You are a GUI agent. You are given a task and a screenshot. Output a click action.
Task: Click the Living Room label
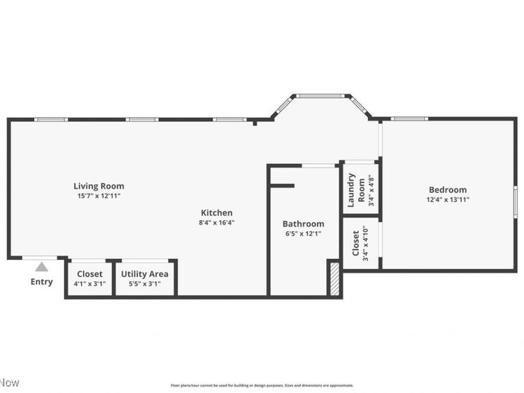98,186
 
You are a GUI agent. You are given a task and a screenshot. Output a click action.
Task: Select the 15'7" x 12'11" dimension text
98,196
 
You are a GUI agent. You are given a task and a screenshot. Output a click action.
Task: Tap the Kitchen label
216,212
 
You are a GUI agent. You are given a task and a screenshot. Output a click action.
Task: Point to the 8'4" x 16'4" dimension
216,222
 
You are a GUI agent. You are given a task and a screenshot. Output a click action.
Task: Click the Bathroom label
303,223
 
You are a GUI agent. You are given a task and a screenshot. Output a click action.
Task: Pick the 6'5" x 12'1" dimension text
303,233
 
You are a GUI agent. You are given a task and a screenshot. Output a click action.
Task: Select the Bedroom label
447,190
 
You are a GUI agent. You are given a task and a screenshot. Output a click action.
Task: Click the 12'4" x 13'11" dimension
447,200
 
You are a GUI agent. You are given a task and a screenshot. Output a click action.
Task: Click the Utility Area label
144,274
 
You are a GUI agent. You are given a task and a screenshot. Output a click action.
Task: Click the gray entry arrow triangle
41,267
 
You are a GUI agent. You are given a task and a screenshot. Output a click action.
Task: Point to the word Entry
41,282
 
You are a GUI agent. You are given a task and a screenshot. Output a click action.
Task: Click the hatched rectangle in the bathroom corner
333,278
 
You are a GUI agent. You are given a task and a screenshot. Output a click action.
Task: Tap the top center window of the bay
321,96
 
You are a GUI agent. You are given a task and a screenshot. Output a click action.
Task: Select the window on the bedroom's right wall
515,200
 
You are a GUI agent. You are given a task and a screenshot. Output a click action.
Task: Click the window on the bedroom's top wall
409,119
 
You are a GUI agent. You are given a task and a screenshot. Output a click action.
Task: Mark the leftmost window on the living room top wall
51,119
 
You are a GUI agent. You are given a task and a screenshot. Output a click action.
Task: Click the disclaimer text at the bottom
262,385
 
